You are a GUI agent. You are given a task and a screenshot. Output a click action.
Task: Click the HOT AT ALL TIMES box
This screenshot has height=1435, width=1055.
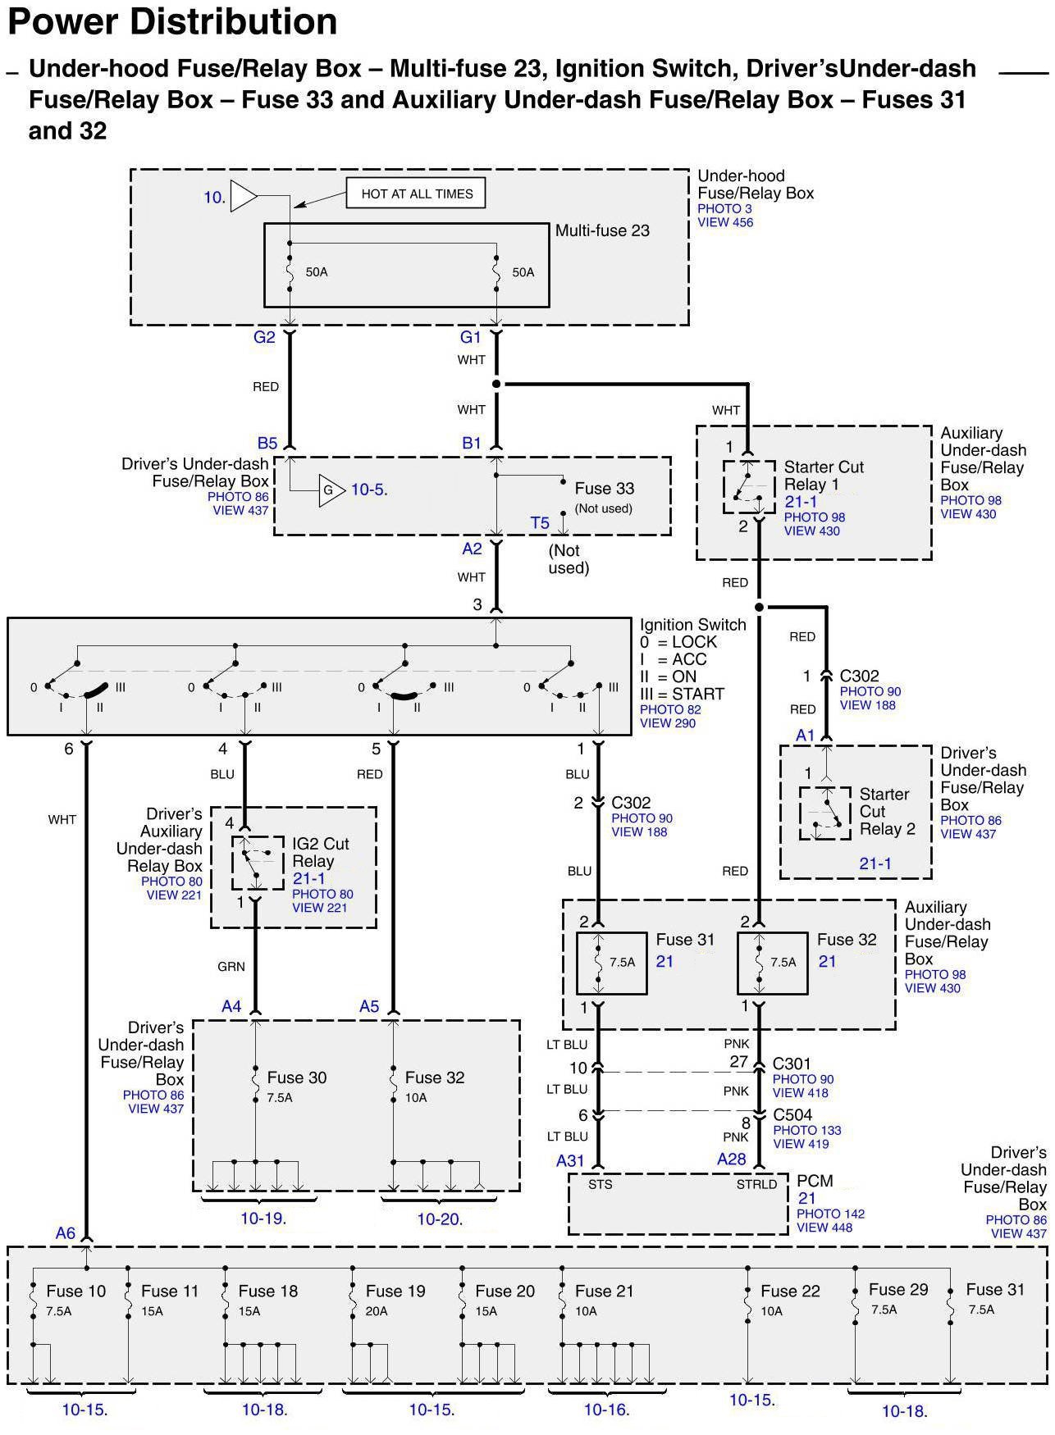(x=416, y=194)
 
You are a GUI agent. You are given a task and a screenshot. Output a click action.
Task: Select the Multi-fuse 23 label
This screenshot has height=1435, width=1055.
(x=602, y=231)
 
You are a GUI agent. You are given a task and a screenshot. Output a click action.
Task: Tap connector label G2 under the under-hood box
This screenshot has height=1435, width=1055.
(x=264, y=337)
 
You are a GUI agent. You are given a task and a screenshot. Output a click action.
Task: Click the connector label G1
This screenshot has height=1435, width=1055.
(x=470, y=337)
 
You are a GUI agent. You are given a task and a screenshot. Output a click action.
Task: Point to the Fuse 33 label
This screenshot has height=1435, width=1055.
(x=605, y=489)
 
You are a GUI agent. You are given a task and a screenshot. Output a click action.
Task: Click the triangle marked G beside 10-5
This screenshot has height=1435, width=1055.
(x=330, y=490)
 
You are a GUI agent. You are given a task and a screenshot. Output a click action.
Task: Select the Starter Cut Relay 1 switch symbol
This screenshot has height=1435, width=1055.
(x=748, y=487)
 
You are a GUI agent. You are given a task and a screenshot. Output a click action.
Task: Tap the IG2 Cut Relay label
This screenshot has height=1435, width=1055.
(x=321, y=852)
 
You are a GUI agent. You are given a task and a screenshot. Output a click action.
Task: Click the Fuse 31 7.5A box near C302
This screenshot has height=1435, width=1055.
(x=610, y=963)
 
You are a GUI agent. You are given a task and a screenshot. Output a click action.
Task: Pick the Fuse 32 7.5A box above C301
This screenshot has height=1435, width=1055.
(x=772, y=963)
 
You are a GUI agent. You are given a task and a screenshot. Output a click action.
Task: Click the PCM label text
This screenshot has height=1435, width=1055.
(x=815, y=1181)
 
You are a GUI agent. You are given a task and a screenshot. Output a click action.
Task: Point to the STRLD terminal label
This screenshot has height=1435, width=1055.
(x=756, y=1184)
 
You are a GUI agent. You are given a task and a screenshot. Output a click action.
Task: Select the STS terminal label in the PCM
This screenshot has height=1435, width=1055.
(x=600, y=1184)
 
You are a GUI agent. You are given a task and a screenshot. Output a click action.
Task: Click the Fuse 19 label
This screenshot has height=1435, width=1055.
(x=395, y=1291)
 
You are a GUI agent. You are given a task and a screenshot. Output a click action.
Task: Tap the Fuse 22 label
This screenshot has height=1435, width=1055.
(x=790, y=1291)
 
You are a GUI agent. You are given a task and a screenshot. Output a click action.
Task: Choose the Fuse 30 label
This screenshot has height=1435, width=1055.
(x=297, y=1077)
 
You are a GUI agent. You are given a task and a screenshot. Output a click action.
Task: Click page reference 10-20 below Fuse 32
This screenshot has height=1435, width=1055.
(x=440, y=1219)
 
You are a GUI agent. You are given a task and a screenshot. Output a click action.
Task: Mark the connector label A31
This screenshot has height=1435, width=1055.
(x=570, y=1160)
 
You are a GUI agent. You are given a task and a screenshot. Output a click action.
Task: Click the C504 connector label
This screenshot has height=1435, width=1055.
(x=792, y=1115)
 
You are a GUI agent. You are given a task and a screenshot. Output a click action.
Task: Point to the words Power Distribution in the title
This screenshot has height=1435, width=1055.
(x=172, y=21)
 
